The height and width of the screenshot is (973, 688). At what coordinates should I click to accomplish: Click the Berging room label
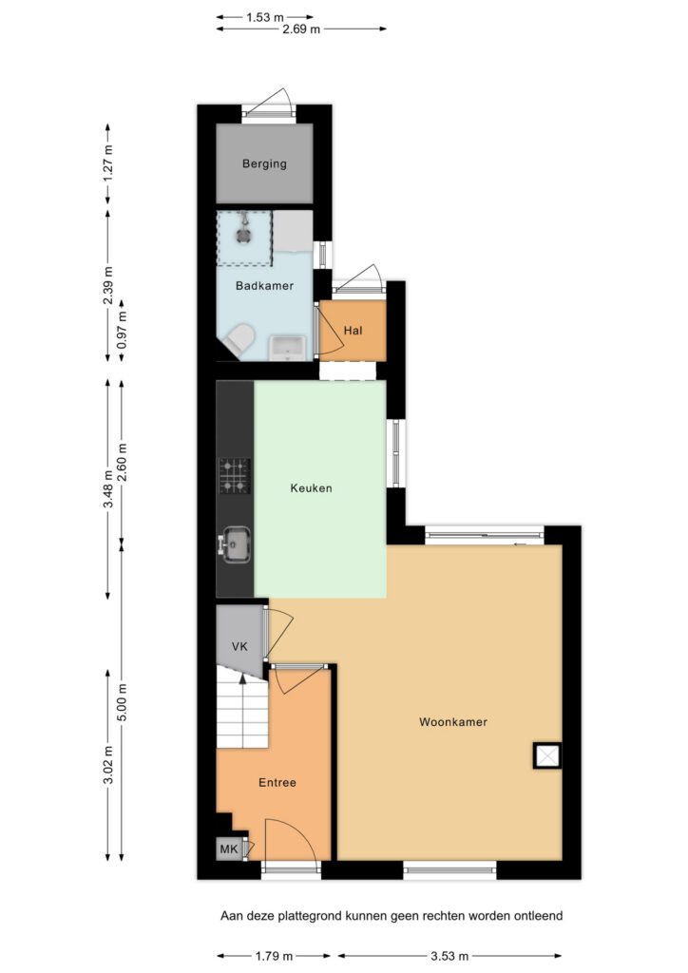pos(264,163)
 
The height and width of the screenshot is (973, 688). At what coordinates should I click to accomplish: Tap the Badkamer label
pos(264,286)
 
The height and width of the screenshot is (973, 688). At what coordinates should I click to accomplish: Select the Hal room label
pos(353,330)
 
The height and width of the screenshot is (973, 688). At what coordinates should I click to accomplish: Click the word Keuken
pos(311,488)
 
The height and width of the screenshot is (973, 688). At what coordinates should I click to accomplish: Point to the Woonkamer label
pos(453,722)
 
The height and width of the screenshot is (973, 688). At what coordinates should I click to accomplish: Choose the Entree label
pos(277,783)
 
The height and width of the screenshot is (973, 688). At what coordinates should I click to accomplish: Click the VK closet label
pos(239,646)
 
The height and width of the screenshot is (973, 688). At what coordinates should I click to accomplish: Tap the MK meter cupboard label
pos(229,849)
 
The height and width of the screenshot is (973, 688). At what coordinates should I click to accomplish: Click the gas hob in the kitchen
pos(235,476)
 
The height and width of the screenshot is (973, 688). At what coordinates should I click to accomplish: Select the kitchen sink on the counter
pos(235,544)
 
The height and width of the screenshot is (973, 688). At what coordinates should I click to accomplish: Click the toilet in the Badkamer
pos(240,340)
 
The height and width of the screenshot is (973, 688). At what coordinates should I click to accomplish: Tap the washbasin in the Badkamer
pos(287,348)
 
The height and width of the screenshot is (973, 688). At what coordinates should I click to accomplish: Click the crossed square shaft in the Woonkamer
pos(547,755)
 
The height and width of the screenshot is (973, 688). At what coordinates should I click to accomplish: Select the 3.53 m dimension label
pos(449,956)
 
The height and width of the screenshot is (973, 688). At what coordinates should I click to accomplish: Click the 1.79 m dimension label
pos(274,956)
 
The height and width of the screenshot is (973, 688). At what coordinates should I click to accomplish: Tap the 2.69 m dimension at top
pos(301,29)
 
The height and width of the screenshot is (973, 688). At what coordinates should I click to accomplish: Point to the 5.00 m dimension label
pos(123,702)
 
